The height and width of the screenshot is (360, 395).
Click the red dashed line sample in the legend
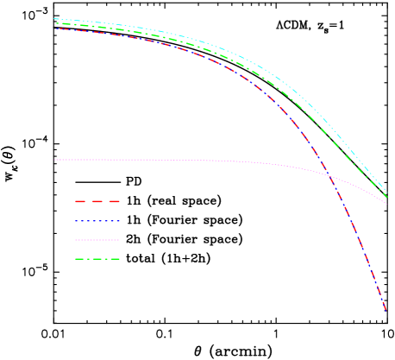coord(97,201)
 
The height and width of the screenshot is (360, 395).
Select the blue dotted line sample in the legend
coord(97,221)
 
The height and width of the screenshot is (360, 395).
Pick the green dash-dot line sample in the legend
coord(97,259)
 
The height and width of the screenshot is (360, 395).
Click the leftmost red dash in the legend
coord(80,201)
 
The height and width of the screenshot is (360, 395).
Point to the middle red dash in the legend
coord(97,201)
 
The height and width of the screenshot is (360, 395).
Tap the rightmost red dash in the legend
coord(113,201)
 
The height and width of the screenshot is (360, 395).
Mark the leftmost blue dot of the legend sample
coord(76,221)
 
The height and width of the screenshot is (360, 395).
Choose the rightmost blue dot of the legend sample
coord(118,221)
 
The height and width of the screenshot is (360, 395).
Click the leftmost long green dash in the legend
coord(80,259)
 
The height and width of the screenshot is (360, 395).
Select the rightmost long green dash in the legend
coord(113,259)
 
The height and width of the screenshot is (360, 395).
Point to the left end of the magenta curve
coord(55,160)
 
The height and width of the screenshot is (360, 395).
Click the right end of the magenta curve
coord(386,204)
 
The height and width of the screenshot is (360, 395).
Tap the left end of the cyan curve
coord(54,19)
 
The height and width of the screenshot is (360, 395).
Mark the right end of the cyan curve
coord(386,193)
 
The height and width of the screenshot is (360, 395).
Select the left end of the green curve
coord(55,23)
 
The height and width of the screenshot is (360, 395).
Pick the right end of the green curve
coord(386,198)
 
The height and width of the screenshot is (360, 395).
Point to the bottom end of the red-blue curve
coord(386,309)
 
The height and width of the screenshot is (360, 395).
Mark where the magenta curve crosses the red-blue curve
coord(330,176)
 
